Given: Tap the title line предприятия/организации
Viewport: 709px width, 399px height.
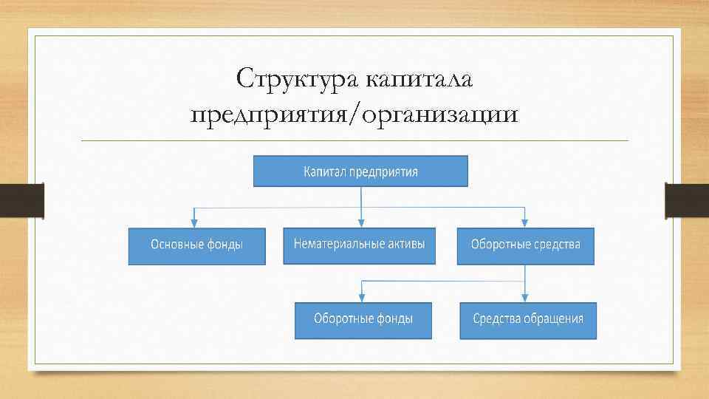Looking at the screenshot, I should [354, 116].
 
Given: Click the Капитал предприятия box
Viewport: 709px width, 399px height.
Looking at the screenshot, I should [360, 171].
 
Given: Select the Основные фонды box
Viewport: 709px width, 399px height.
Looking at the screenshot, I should [196, 245].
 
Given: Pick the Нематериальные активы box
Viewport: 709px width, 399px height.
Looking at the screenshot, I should [359, 245].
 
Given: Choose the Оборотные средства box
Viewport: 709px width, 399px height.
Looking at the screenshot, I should [525, 245].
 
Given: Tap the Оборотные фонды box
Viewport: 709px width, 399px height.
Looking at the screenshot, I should [363, 320].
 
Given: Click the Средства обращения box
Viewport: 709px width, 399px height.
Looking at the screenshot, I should [528, 320].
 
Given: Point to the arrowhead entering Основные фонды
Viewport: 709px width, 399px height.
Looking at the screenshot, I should [194, 221].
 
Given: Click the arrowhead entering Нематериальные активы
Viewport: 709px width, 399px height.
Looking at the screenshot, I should [361, 221].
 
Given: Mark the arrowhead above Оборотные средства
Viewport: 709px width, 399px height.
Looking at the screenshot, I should [525, 221].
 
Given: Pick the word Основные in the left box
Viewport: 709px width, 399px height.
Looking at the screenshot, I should [174, 245].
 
